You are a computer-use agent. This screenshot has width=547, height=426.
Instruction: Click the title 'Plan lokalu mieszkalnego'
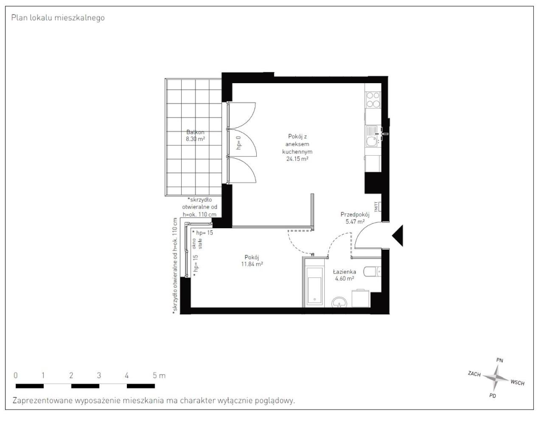(x=58, y=18)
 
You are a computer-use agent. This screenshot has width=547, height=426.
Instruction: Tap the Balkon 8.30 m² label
(x=195, y=135)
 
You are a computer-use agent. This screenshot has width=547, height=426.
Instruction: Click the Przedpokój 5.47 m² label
(x=355, y=218)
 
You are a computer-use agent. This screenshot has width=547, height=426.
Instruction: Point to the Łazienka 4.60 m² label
(x=344, y=275)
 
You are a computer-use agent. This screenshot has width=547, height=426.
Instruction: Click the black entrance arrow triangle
(x=398, y=235)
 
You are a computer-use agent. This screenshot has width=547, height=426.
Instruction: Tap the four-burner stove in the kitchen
(x=373, y=100)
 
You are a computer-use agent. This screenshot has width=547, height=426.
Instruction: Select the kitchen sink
(x=373, y=135)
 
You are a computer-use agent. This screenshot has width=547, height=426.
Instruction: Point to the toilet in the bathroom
(x=373, y=270)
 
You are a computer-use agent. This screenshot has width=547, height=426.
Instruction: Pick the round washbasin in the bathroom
(x=339, y=302)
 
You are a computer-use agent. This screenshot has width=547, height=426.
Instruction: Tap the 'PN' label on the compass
(x=499, y=360)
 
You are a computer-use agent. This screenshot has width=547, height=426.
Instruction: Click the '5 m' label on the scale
(x=159, y=376)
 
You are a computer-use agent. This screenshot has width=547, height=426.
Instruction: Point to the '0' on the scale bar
(x=16, y=376)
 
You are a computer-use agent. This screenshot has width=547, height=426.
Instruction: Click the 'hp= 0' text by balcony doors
(x=238, y=143)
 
